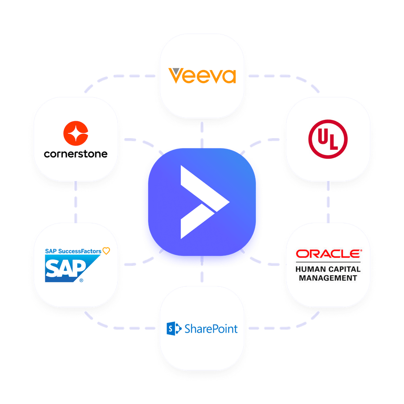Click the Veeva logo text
coord(202,76)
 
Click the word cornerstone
coord(76,154)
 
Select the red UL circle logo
coord(328,139)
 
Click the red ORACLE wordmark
coord(328,255)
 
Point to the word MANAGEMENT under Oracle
coord(328,278)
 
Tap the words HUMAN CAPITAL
coord(328,269)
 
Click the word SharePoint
coord(211,329)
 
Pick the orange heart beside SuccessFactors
coord(106,251)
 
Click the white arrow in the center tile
coord(202,202)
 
